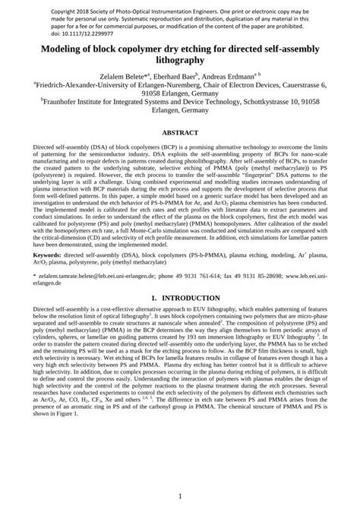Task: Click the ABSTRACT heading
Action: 180,131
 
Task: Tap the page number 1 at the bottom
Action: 180,495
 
